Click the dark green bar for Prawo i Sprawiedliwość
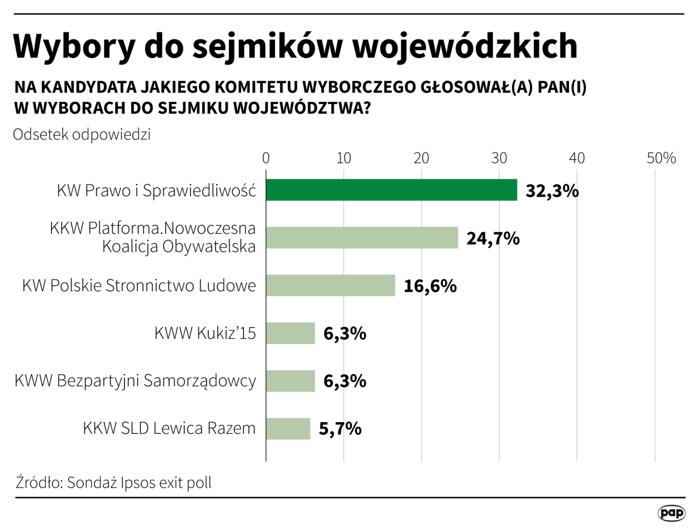[x=391, y=190]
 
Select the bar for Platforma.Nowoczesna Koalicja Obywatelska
[x=362, y=238]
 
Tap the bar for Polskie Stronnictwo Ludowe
[x=331, y=286]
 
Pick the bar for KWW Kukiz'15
[x=290, y=334]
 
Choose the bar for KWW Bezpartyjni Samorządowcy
[x=290, y=381]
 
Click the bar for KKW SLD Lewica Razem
[x=288, y=429]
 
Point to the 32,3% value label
[x=551, y=191]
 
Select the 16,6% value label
[x=430, y=287]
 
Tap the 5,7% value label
[x=340, y=429]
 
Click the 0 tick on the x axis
[x=266, y=158]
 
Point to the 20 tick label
[x=422, y=158]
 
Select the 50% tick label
[x=661, y=158]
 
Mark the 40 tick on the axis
[x=577, y=158]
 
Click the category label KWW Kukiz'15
[x=205, y=334]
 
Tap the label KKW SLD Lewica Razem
[x=170, y=429]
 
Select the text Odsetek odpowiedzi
[x=82, y=135]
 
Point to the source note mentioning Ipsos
[x=114, y=482]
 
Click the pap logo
[x=671, y=513]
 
